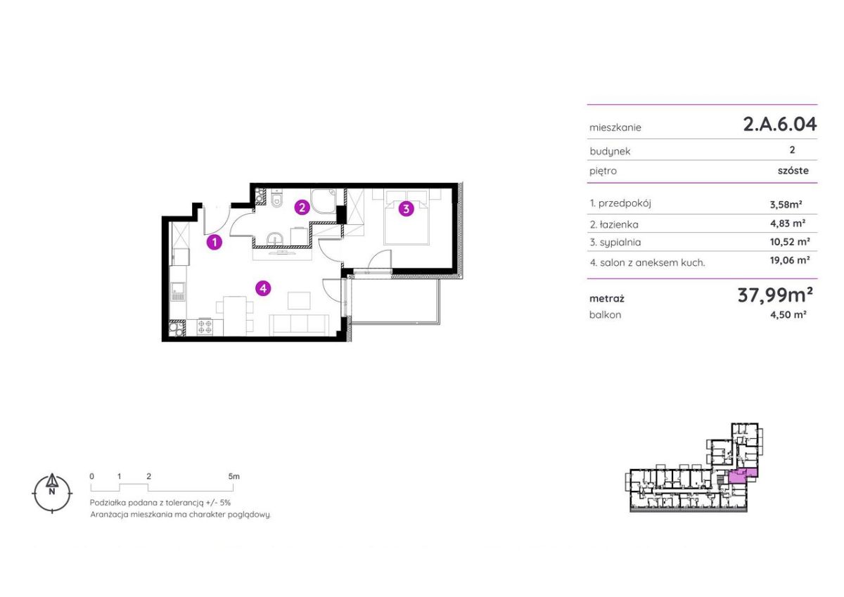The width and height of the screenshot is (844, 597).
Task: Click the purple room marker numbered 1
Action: click(x=215, y=242)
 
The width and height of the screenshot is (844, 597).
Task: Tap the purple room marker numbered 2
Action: click(x=302, y=207)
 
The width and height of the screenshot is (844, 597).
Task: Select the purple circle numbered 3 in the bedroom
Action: click(x=407, y=209)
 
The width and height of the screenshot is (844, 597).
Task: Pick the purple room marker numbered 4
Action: click(x=263, y=288)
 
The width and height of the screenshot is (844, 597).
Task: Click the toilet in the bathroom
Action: click(x=277, y=198)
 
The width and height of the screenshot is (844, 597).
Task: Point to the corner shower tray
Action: click(x=323, y=201)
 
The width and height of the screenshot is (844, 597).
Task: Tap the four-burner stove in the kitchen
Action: click(x=205, y=326)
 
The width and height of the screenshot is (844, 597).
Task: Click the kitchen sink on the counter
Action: click(x=178, y=291)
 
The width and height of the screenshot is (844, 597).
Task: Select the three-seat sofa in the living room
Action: click(x=299, y=325)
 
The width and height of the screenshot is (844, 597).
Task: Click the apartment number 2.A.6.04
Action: click(x=779, y=124)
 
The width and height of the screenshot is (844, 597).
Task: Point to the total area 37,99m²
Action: click(x=775, y=295)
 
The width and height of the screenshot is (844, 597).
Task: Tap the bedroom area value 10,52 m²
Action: click(x=790, y=241)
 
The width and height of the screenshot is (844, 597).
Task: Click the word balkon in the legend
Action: click(x=605, y=315)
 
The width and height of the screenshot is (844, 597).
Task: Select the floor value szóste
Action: click(x=793, y=171)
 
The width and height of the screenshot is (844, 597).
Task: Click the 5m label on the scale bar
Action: click(x=234, y=476)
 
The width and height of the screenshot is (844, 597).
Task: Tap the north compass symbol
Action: click(x=52, y=493)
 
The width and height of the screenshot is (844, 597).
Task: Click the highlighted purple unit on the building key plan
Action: click(x=742, y=476)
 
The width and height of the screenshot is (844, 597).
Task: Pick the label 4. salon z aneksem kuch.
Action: click(x=647, y=262)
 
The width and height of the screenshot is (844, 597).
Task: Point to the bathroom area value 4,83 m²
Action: click(x=788, y=224)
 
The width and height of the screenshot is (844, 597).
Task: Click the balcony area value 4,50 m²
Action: click(x=788, y=314)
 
